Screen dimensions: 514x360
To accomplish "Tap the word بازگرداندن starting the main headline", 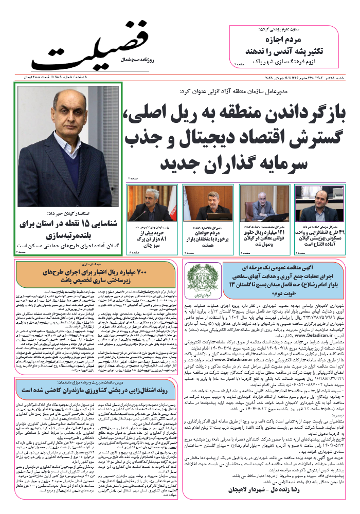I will click(299, 114).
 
